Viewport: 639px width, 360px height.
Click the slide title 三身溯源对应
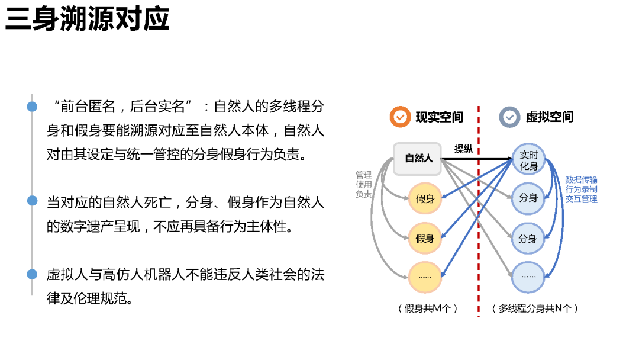pyautogui.click(x=88, y=20)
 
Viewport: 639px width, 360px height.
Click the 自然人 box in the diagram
pyautogui.click(x=418, y=159)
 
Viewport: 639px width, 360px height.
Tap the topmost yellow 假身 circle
pyautogui.click(x=425, y=199)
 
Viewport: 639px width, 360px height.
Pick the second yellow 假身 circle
pyautogui.click(x=425, y=239)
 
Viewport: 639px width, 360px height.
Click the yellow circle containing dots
pyautogui.click(x=425, y=277)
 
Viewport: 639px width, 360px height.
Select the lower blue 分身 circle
pyautogui.click(x=528, y=239)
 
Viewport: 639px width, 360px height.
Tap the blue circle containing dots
pyautogui.click(x=528, y=277)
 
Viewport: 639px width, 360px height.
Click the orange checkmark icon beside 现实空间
pyautogui.click(x=401, y=117)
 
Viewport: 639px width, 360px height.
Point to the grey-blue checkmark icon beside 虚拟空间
pyautogui.click(x=509, y=117)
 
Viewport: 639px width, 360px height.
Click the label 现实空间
pyautogui.click(x=439, y=117)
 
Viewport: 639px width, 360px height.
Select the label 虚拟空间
pyautogui.click(x=550, y=117)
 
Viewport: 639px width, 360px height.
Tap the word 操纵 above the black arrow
pyautogui.click(x=463, y=149)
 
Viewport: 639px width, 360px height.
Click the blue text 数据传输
pyautogui.click(x=581, y=179)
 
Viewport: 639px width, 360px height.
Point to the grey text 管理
pyautogui.click(x=363, y=175)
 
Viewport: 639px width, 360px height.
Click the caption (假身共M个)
pyautogui.click(x=428, y=308)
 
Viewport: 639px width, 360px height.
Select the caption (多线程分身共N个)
pyautogui.click(x=535, y=308)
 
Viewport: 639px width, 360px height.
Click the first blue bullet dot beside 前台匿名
pyautogui.click(x=32, y=107)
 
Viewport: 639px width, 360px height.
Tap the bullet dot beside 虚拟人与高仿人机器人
pyautogui.click(x=32, y=274)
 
